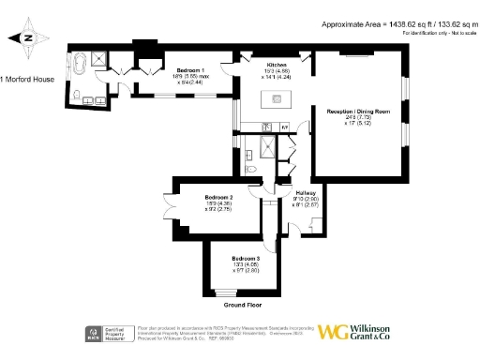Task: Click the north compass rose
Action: tap(27, 38)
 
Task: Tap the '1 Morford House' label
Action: tap(27, 79)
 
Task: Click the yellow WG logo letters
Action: tap(335, 332)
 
